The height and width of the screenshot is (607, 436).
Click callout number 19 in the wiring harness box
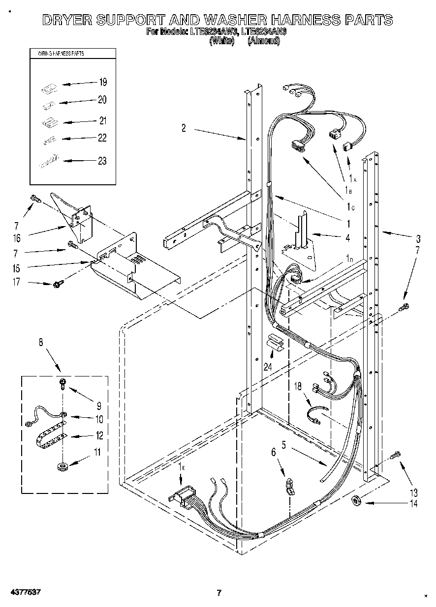(x=103, y=82)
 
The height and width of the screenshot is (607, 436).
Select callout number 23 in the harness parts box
(x=102, y=160)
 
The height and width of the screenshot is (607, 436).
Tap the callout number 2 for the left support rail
(x=184, y=128)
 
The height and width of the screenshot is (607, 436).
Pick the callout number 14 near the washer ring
(x=413, y=503)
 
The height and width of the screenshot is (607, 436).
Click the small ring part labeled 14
(x=357, y=501)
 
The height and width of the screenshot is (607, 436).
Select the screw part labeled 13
(x=395, y=455)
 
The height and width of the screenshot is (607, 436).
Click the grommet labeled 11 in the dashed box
(x=62, y=464)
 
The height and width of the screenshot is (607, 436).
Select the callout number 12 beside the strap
(x=99, y=435)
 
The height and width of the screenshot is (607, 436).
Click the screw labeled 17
(x=58, y=284)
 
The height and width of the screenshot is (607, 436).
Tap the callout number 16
(x=16, y=238)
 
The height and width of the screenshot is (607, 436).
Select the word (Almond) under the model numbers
(x=264, y=41)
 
